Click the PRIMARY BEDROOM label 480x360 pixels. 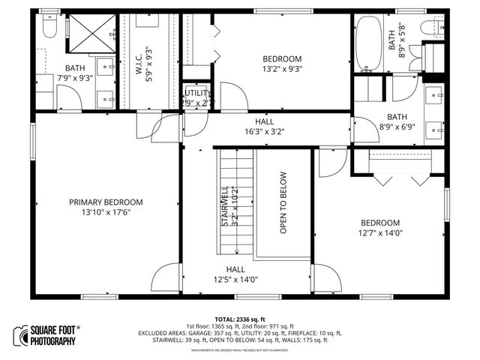tap(106, 202)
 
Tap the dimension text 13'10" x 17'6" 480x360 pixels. tap(106, 212)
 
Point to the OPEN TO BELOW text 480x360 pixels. tap(283, 202)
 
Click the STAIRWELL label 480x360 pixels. tap(224, 206)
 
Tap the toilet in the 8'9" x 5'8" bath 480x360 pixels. tap(433, 29)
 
